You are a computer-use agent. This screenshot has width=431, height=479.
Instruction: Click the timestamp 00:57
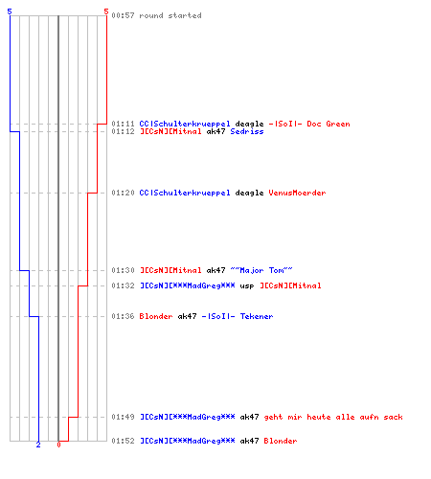pos(123,15)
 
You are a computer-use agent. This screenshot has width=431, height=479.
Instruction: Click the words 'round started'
pos(170,15)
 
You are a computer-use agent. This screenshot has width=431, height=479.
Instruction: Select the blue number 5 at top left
pos(10,11)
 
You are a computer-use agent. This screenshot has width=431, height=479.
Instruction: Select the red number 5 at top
pos(106,11)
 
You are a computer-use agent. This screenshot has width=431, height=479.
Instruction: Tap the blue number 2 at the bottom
pos(38,445)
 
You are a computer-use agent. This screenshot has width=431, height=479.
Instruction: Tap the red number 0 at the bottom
pos(58,445)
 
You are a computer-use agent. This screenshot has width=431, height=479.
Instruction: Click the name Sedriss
pos(247,131)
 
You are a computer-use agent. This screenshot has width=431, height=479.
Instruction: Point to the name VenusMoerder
pos(297,193)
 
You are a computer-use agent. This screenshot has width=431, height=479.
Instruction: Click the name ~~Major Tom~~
pos(261,270)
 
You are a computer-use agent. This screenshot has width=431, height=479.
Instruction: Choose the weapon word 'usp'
pos(247,285)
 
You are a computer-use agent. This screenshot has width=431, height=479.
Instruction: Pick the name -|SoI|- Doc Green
pos(309,124)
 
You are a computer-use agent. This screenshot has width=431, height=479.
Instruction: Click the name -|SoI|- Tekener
pos(238,316)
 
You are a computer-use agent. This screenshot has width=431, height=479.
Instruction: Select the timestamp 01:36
pos(123,316)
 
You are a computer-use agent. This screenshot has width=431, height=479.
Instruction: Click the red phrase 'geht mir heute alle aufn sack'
pos(333,417)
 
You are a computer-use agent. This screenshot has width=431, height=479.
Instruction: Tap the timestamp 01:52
pos(123,441)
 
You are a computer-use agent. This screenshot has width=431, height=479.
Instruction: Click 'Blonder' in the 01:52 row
pos(281,441)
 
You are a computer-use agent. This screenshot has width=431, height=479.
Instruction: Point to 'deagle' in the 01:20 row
pos(249,193)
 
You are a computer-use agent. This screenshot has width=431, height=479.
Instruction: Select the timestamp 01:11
pos(123,124)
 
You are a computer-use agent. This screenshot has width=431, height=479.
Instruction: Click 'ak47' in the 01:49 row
pos(249,417)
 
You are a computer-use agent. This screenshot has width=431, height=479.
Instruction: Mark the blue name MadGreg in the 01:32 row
pos(188,285)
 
